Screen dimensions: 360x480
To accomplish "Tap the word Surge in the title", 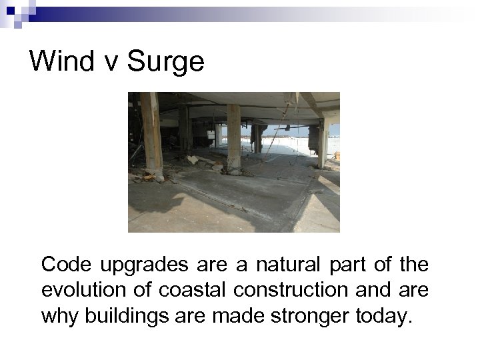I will [165, 62].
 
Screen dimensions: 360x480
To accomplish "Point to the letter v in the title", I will [107, 63].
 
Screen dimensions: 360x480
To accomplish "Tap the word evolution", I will [83, 290].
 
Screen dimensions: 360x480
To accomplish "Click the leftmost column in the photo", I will [152, 133].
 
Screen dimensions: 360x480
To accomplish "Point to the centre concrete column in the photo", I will [233, 137].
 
